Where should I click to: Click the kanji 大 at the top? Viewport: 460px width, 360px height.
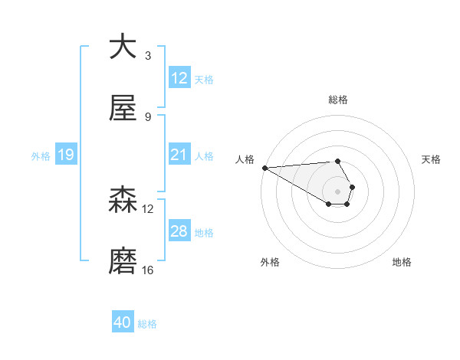(123, 47)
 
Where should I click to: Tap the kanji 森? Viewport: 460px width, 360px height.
(123, 200)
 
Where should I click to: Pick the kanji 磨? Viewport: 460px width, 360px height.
(123, 261)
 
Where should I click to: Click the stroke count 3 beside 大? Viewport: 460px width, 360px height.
(147, 55)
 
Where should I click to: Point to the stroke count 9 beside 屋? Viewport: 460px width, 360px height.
(147, 116)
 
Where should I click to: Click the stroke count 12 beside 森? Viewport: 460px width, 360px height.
(148, 208)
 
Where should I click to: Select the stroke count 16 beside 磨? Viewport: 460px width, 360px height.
(148, 270)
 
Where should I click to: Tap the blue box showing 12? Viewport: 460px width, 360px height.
(179, 78)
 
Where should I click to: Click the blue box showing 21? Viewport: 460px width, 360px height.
(179, 155)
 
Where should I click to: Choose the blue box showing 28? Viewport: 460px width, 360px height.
(179, 231)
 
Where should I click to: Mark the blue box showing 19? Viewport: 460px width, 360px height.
(65, 155)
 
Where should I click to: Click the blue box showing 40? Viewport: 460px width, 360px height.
(123, 323)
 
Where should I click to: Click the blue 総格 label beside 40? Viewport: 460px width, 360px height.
(147, 324)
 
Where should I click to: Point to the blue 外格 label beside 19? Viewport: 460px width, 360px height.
(41, 156)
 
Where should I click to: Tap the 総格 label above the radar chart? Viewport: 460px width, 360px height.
(337, 100)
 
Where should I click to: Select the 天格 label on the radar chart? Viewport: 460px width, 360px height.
(432, 159)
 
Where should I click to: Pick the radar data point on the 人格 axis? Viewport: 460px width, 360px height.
(264, 168)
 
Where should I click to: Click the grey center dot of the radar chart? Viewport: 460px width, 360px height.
(337, 191)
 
